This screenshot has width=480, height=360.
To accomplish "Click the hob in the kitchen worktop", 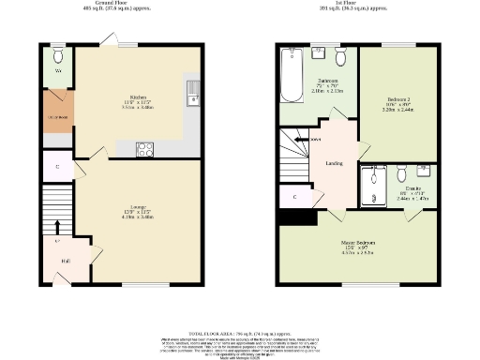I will (146, 147).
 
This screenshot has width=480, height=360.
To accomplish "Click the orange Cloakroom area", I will (57, 116).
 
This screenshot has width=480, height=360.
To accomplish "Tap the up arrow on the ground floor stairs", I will (57, 228).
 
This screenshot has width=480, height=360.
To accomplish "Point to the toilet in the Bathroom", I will (340, 58).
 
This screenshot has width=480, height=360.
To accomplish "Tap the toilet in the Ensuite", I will (400, 175).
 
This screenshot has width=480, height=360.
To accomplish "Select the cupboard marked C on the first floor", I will (295, 198).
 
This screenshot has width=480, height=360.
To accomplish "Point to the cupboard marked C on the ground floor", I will (57, 167).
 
